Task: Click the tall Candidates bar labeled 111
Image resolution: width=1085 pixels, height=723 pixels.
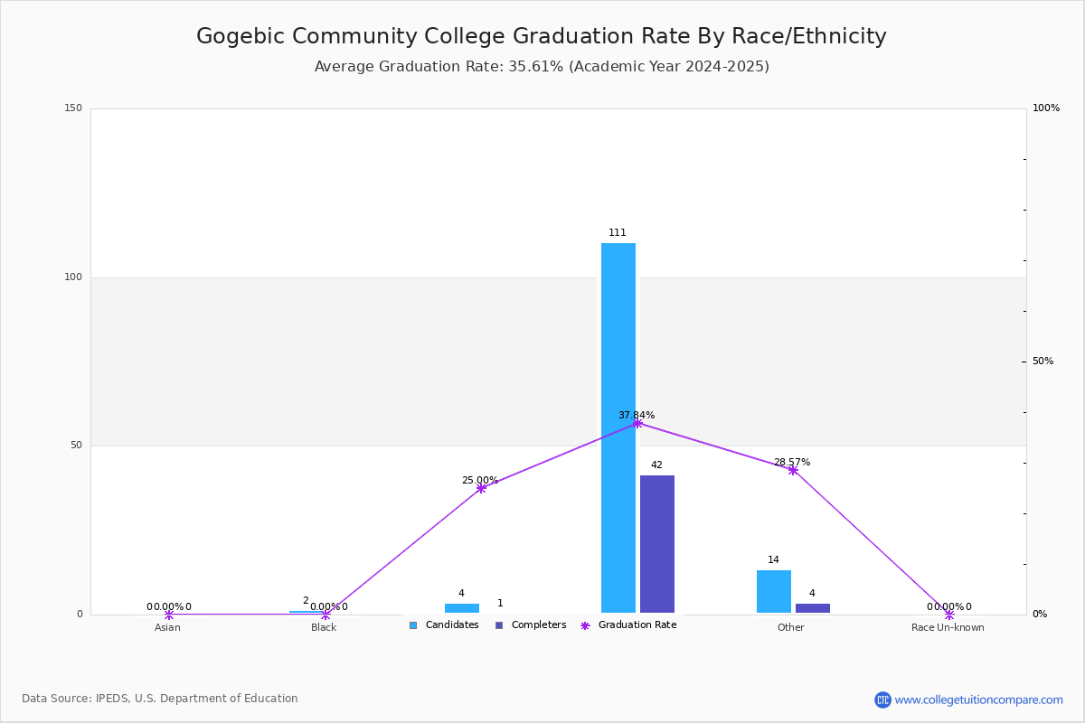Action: point(618,428)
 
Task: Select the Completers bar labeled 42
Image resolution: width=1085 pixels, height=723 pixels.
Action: point(657,544)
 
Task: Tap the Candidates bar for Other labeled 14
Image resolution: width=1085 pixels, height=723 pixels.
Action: point(774,592)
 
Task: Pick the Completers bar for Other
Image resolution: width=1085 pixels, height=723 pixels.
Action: point(813,608)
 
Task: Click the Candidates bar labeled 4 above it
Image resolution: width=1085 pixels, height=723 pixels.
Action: point(462,608)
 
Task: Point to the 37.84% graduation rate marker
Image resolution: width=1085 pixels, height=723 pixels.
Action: point(637,424)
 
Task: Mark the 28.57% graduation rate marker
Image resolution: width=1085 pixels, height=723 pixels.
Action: point(793,470)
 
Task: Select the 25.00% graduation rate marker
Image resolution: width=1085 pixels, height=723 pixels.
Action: point(481,489)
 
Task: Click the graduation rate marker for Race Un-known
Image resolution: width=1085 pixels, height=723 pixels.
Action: point(949,615)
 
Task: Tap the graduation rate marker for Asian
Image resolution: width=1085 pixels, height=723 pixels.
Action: point(168,615)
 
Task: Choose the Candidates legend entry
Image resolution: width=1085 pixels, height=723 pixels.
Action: point(444,625)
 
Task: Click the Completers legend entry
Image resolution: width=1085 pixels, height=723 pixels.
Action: point(531,625)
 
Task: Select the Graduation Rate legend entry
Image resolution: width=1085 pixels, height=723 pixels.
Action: point(628,625)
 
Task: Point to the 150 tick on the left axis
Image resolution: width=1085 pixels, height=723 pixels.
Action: point(73,108)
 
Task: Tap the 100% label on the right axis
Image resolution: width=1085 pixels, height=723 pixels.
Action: point(1046,108)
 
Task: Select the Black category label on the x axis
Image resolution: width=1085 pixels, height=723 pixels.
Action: point(324,627)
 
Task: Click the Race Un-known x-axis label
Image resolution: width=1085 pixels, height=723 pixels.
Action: point(948,627)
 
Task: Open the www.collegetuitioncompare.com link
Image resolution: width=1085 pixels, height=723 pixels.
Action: point(978,700)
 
